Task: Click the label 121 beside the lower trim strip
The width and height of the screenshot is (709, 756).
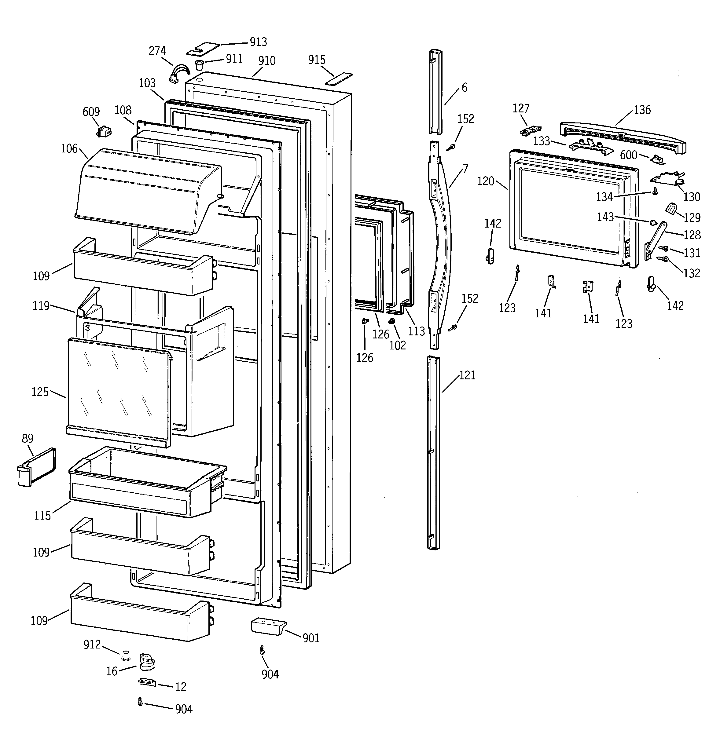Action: pyautogui.click(x=467, y=375)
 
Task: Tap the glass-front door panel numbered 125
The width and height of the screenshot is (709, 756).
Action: pyautogui.click(x=118, y=392)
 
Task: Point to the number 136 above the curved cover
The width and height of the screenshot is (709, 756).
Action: pyautogui.click(x=642, y=110)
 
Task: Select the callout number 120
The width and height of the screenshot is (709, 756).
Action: pyautogui.click(x=486, y=181)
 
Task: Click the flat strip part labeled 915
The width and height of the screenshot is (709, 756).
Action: pyautogui.click(x=339, y=79)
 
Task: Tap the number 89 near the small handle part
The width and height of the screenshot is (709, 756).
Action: pyautogui.click(x=28, y=438)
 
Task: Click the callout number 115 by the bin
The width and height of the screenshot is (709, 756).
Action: pyautogui.click(x=42, y=516)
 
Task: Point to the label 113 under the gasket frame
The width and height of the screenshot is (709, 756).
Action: pyautogui.click(x=416, y=331)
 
